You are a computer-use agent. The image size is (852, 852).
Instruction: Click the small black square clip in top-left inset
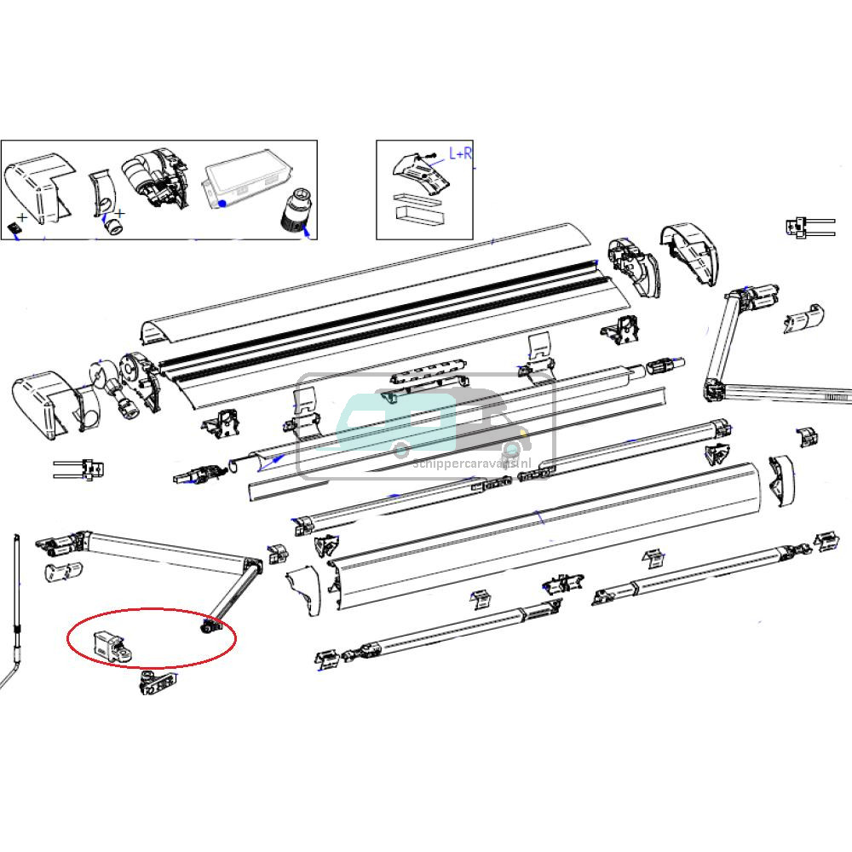14,227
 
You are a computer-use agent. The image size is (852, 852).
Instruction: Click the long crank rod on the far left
16,613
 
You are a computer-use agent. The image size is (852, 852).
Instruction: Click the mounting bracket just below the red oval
158,682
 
